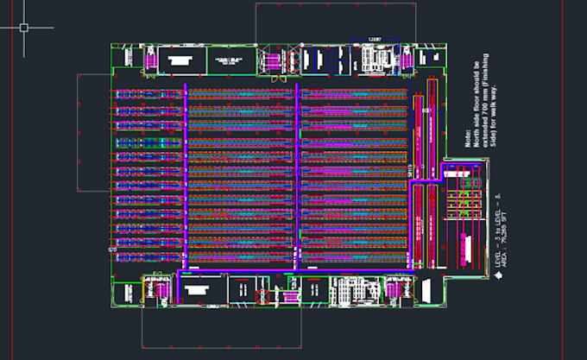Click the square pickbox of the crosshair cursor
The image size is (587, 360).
click(x=23, y=27)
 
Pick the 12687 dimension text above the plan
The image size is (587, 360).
click(x=375, y=40)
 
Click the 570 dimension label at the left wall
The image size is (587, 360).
click(x=111, y=249)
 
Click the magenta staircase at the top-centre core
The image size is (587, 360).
click(x=275, y=60)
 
